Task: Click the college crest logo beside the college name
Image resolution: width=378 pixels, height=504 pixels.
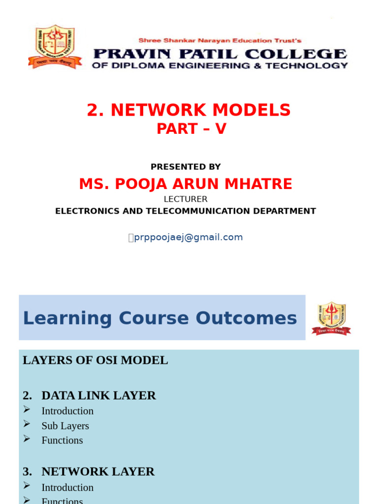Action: [x=51, y=47]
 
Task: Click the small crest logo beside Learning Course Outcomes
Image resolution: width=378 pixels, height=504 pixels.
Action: [x=331, y=318]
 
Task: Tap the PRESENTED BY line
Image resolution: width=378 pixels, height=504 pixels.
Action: [x=186, y=167]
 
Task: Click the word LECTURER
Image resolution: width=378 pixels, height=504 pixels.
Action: [x=186, y=199]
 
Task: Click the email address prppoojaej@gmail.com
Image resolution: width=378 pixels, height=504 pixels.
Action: [x=189, y=237]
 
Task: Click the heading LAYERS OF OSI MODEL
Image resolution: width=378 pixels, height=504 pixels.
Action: [x=95, y=360]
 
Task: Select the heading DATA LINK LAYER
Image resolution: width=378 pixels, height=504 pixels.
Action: [x=98, y=395]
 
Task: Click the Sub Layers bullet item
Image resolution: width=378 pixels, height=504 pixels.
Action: [x=65, y=426]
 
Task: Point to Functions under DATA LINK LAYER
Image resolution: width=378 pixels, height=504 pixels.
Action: [x=62, y=440]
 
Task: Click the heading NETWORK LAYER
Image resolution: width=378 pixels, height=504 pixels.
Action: [x=98, y=472]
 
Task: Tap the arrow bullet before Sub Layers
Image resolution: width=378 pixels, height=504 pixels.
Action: [x=27, y=424]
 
